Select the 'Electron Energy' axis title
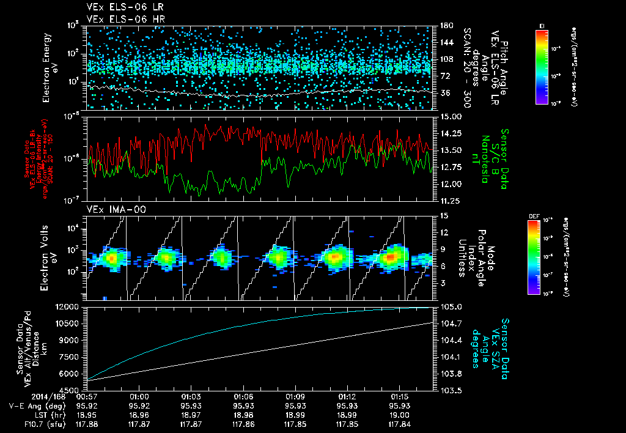click(x=48, y=67)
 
